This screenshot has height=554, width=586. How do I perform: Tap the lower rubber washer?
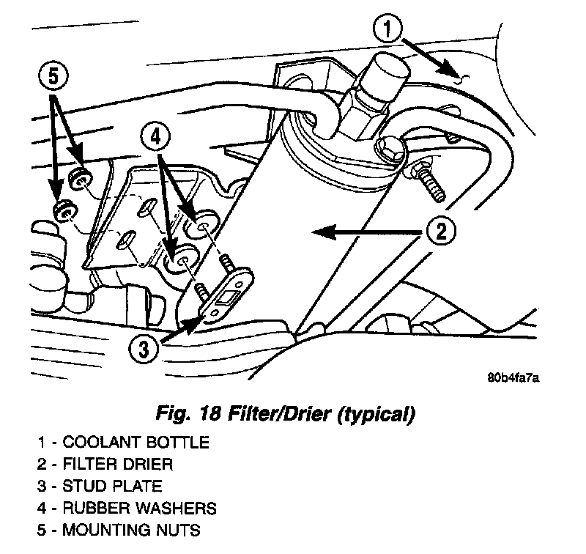pyautogui.click(x=179, y=262)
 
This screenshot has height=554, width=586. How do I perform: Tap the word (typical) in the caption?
pyautogui.click(x=374, y=414)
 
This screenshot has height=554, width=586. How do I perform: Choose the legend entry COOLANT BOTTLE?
pyautogui.click(x=136, y=442)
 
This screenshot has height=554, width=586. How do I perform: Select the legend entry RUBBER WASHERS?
pyautogui.click(x=140, y=508)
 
